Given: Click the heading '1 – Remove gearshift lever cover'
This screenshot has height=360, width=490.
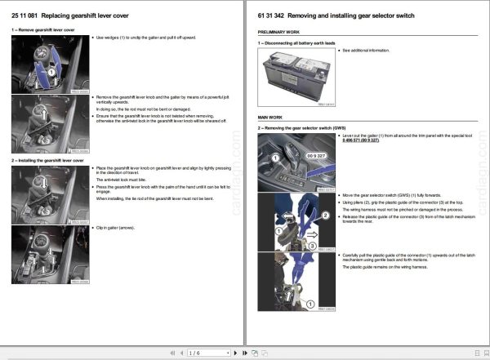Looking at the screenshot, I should click(x=43, y=30).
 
